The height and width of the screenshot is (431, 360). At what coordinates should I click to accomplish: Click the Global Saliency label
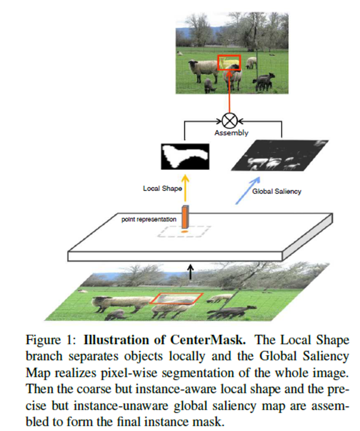(x=276, y=191)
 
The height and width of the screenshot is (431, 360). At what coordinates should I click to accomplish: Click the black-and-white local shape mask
(x=185, y=156)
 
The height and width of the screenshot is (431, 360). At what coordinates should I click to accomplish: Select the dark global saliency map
(x=279, y=157)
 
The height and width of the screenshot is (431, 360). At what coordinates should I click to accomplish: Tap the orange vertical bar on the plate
(x=185, y=216)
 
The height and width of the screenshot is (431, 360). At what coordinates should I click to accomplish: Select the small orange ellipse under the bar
(x=185, y=233)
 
